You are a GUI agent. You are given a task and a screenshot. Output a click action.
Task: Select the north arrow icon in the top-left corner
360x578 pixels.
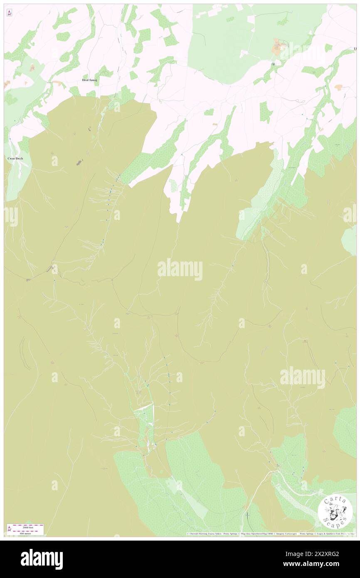point(9,13)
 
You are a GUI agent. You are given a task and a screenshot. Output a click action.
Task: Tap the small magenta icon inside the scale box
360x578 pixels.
point(10,529)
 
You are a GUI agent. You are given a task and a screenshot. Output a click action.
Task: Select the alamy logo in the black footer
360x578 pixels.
point(42,559)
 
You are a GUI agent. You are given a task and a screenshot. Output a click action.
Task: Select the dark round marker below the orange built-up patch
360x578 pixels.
point(273,64)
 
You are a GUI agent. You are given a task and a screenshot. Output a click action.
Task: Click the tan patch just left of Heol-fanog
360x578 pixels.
point(58,83)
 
